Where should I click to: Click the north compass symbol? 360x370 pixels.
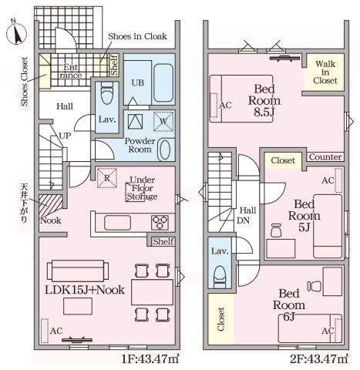click(x=17, y=33)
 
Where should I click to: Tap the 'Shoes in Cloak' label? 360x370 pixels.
click(x=137, y=36)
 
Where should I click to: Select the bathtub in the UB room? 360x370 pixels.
click(x=163, y=82)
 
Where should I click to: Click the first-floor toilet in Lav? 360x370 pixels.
click(x=107, y=92)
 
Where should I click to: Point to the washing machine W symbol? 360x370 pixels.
click(x=163, y=121)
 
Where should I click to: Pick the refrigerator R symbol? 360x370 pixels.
click(x=107, y=178)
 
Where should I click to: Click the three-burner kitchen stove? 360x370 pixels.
click(x=160, y=222)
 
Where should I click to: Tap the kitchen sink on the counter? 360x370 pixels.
click(x=117, y=223)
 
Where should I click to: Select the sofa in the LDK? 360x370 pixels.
click(x=78, y=271)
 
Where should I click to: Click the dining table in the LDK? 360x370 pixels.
click(x=152, y=292)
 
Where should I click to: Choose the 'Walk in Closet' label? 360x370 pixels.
click(x=325, y=72)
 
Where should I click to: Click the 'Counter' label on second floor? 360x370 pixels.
click(x=325, y=157)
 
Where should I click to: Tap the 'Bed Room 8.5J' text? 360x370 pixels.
click(x=264, y=100)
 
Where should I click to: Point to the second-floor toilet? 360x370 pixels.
click(x=220, y=277)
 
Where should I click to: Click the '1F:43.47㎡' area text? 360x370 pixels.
click(x=150, y=358)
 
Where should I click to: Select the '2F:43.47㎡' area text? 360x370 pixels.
click(x=319, y=358)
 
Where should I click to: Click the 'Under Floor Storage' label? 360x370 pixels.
click(x=142, y=188)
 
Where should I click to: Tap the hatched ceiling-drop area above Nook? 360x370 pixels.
click(x=51, y=204)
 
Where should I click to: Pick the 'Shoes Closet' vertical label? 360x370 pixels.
click(x=25, y=82)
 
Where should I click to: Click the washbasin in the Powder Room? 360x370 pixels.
click(x=165, y=150)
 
